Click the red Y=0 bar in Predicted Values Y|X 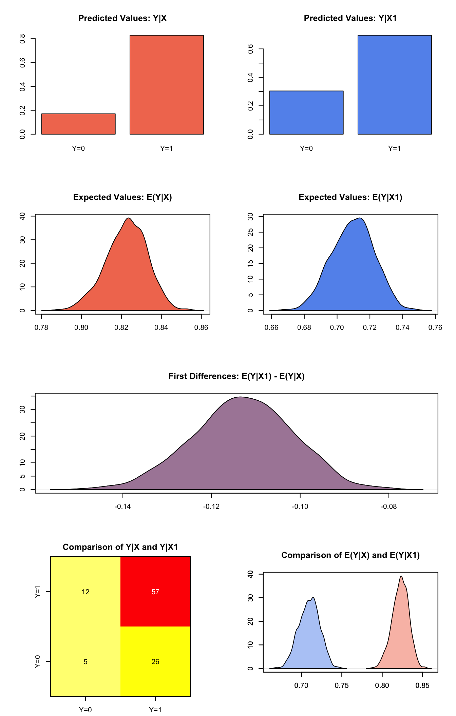(78, 124)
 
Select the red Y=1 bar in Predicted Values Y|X (167, 85)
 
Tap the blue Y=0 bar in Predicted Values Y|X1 (306, 113)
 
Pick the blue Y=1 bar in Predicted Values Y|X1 (395, 85)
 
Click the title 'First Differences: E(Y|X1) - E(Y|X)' (236, 376)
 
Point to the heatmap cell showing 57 (155, 592)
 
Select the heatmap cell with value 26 (155, 662)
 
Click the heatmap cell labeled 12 (85, 592)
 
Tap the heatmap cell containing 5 (85, 662)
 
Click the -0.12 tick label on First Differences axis (211, 507)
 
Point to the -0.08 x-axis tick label (388, 507)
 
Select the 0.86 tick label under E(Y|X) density (201, 327)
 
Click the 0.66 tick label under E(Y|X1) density (271, 327)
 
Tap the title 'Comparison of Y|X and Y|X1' (120, 547)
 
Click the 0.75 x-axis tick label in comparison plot (342, 685)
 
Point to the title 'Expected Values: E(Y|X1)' (350, 197)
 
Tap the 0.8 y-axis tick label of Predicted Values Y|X (23, 39)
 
